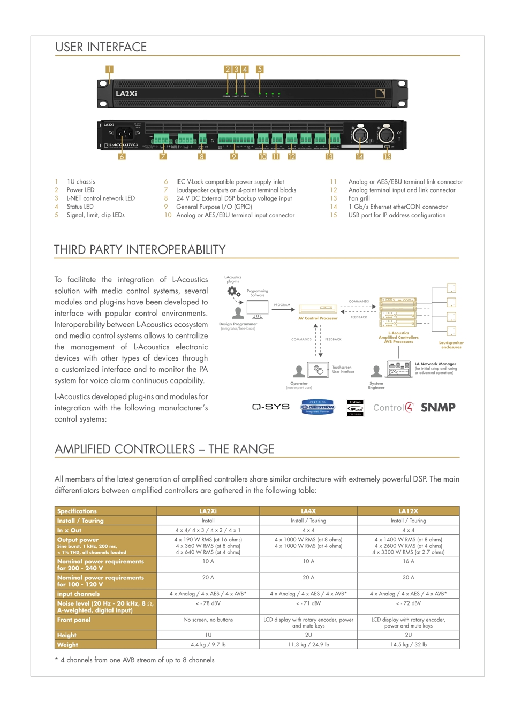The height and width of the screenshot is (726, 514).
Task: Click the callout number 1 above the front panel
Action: coord(109,69)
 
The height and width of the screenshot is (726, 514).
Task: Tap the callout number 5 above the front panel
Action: coord(260,70)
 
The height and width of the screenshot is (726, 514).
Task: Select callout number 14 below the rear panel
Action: coord(359,157)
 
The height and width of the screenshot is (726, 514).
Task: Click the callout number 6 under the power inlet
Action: coord(122,157)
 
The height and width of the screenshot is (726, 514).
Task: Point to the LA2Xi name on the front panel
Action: coord(126,94)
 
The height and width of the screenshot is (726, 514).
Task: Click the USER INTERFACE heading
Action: coord(101,47)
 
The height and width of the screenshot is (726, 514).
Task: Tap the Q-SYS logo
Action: coord(271,407)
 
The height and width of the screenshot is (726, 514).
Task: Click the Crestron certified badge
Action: coord(318,407)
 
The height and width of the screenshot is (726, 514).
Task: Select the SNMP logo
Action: coord(438,408)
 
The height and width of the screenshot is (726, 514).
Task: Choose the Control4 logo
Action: coord(394,408)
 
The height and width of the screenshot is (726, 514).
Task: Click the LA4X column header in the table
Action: coord(308,511)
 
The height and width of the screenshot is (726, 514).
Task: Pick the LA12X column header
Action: coord(408,511)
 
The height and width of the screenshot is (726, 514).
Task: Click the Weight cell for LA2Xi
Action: coord(208,645)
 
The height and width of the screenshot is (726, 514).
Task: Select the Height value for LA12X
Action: coord(408,635)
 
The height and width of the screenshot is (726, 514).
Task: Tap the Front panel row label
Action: coord(74,620)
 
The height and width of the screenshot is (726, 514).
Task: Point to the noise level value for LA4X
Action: coord(308,603)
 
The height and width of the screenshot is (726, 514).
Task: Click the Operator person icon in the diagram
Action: coord(299,371)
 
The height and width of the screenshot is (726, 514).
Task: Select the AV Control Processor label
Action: coord(318,318)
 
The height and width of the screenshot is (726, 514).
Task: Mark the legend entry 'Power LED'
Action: coord(80,190)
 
